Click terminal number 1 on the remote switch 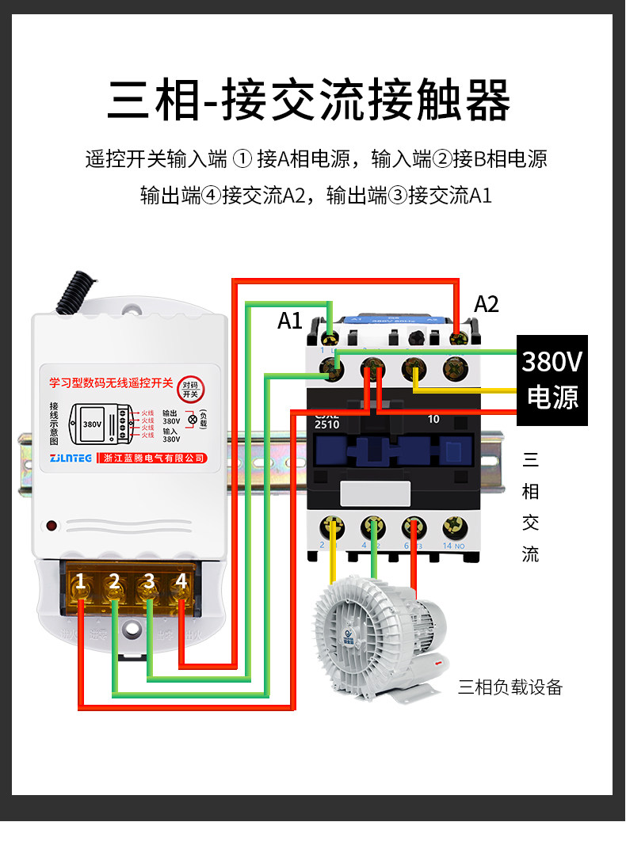(80, 583)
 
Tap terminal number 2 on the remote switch (114, 583)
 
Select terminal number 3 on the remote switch (148, 583)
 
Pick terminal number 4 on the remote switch (181, 582)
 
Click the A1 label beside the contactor (290, 321)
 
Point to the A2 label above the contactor (487, 304)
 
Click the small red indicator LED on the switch (52, 525)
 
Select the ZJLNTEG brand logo (70, 458)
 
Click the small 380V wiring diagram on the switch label (92, 424)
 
